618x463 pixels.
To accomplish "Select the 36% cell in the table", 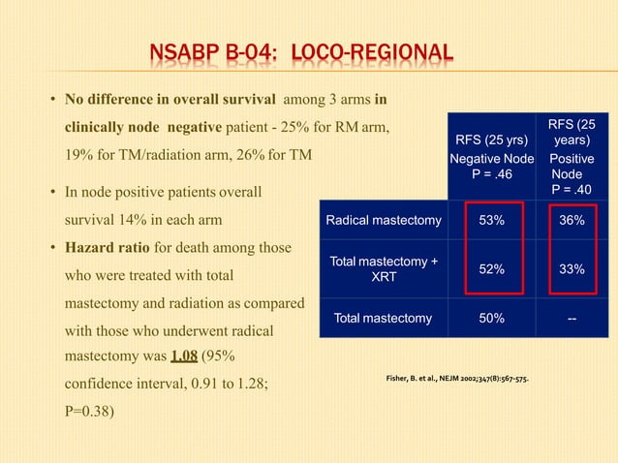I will (x=572, y=221).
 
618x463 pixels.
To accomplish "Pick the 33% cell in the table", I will (x=572, y=269).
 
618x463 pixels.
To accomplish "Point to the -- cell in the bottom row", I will (x=572, y=318).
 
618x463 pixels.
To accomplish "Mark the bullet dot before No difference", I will (x=52, y=100).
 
